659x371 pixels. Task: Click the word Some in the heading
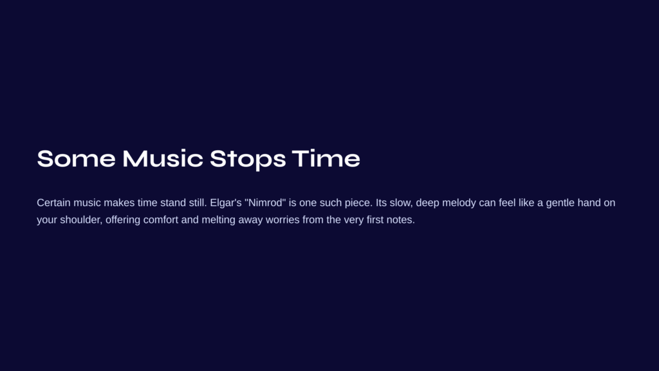point(76,158)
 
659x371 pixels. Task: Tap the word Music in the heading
point(163,158)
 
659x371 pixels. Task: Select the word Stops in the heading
point(248,160)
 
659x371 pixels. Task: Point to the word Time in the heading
point(326,158)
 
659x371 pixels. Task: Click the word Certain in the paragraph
point(53,203)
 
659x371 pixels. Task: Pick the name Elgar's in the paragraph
point(226,203)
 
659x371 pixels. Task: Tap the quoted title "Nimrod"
point(265,203)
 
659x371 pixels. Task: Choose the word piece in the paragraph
point(358,203)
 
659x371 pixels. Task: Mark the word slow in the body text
point(401,203)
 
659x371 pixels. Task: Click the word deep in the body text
point(427,203)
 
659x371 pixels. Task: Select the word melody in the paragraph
point(459,203)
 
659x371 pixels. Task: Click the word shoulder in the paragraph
point(81,220)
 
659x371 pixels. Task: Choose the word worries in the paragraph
point(283,220)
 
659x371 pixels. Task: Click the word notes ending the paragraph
point(400,220)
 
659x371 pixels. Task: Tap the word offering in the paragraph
point(123,220)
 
